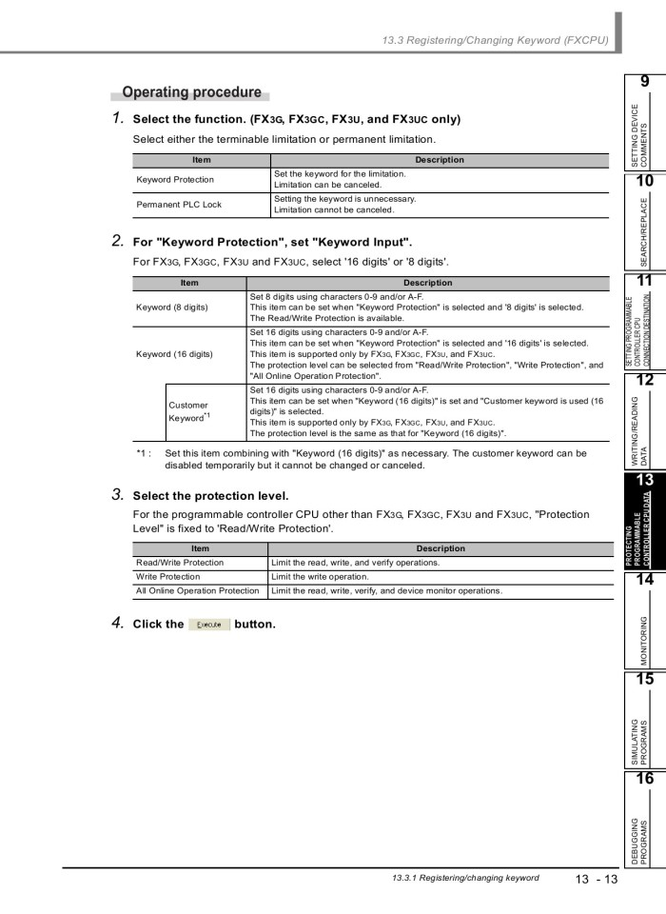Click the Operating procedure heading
(x=191, y=92)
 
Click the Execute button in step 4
(x=208, y=625)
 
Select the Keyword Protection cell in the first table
(x=175, y=179)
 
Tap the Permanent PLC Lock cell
(x=179, y=204)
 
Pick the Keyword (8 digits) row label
(x=172, y=308)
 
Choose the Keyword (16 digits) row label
(x=175, y=354)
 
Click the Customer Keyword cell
(x=188, y=411)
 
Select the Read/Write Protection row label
(x=180, y=562)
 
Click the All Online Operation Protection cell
(x=198, y=590)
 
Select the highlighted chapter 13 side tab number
(x=644, y=481)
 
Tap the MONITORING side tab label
(x=644, y=640)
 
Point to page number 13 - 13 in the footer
(x=596, y=879)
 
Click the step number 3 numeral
(x=118, y=495)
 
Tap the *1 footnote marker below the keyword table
(x=144, y=453)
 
